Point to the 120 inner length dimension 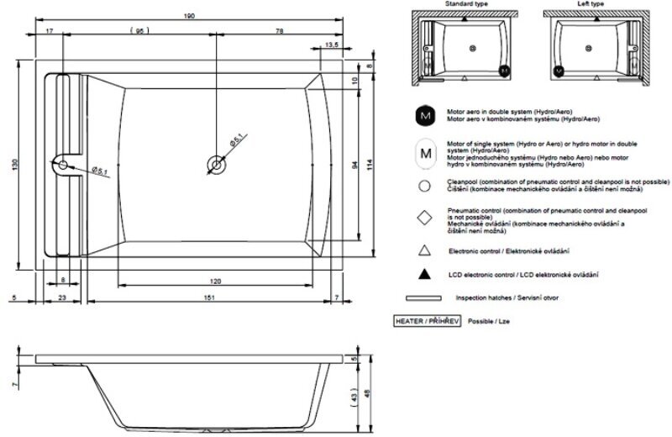coord(216,282)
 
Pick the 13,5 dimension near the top coord(331,45)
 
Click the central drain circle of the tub coord(216,166)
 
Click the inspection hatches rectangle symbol coord(423,297)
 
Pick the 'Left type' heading coord(592,4)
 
